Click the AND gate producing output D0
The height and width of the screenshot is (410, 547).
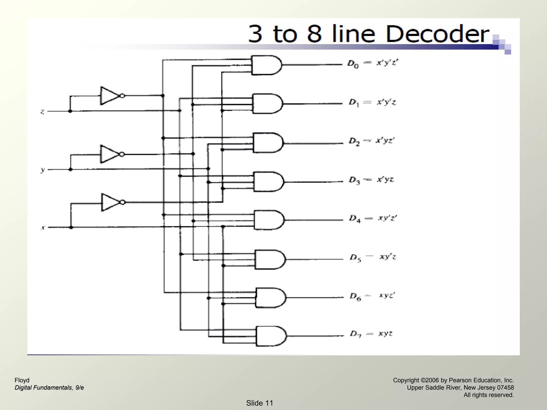tap(266, 65)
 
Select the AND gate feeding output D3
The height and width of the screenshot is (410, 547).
tap(268, 182)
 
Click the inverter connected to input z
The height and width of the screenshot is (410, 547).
tap(111, 96)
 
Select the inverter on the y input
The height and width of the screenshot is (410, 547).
tap(111, 154)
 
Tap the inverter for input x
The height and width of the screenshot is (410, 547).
tap(112, 202)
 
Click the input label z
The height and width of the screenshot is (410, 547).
tap(42, 112)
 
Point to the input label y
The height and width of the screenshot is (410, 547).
tap(42, 170)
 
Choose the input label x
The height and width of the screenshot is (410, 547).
tap(43, 228)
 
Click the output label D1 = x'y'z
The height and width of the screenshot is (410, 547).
tap(372, 102)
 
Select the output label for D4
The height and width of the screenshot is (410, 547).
tap(373, 219)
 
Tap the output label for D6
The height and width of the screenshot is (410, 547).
tap(372, 296)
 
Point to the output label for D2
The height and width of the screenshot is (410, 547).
tap(372, 141)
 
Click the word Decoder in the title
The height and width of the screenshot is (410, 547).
tap(437, 34)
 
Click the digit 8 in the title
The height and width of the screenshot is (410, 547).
tap(314, 34)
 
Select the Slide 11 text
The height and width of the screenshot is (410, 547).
tap(260, 403)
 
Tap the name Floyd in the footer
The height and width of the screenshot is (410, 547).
tap(22, 380)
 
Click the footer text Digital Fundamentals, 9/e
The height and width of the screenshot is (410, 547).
tap(49, 388)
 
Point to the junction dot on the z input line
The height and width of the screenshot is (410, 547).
tap(70, 111)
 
